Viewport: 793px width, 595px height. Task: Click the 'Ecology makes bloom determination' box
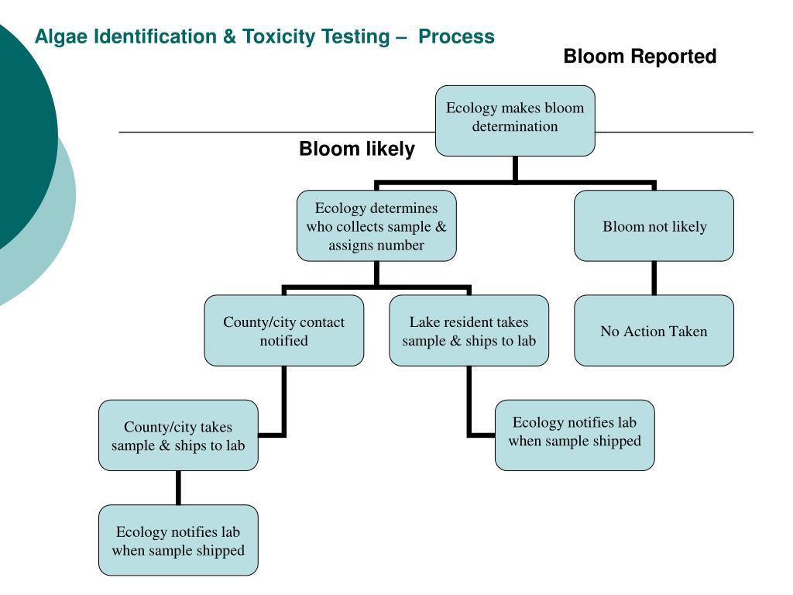pyautogui.click(x=515, y=121)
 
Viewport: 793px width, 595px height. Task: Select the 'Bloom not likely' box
pyautogui.click(x=654, y=225)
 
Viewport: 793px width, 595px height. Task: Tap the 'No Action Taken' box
pyautogui.click(x=654, y=330)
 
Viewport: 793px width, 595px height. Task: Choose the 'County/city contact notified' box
pyautogui.click(x=283, y=330)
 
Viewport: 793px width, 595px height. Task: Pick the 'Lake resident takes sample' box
pyautogui.click(x=469, y=330)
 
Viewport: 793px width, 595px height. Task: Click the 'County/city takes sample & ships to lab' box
pyautogui.click(x=178, y=435)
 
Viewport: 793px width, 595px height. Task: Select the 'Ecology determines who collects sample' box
pyautogui.click(x=376, y=225)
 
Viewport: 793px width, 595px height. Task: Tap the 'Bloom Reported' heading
pyautogui.click(x=640, y=56)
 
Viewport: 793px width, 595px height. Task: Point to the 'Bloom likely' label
pyautogui.click(x=357, y=149)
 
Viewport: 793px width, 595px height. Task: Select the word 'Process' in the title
pyautogui.click(x=456, y=36)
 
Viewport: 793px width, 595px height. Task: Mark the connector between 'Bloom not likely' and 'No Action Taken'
pyautogui.click(x=654, y=278)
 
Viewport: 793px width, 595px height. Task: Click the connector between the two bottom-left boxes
pyautogui.click(x=178, y=488)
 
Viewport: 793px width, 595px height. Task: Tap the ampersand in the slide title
pyautogui.click(x=229, y=36)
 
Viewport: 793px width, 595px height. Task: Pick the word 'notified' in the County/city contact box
pyautogui.click(x=283, y=341)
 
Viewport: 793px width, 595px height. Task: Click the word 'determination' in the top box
pyautogui.click(x=515, y=126)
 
